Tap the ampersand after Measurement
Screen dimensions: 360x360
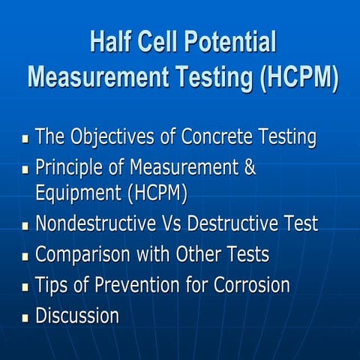tap(250, 166)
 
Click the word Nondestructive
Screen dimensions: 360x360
tap(97, 224)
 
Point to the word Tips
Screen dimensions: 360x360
tap(52, 286)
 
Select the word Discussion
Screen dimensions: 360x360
tap(77, 316)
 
